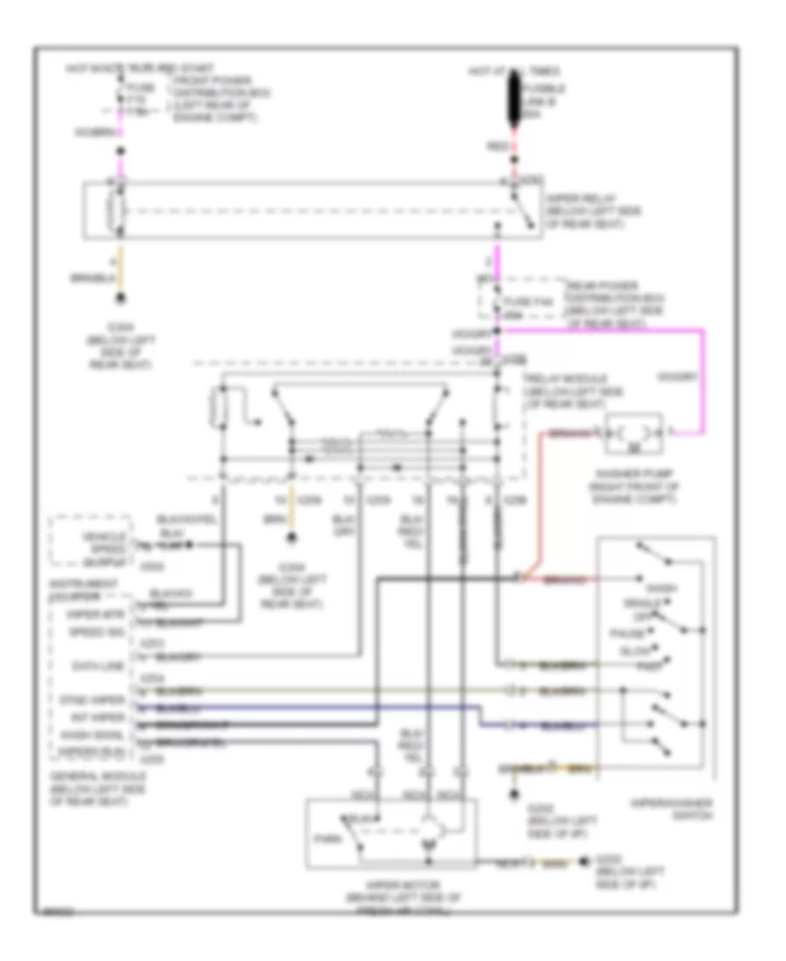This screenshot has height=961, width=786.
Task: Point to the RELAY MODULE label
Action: (566, 389)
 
